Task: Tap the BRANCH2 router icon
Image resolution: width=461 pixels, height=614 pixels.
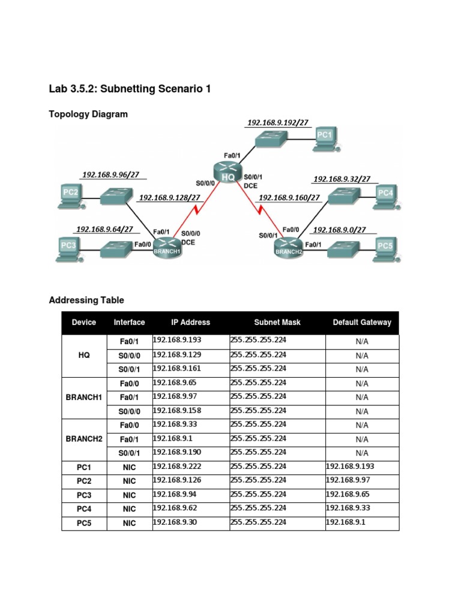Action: click(289, 246)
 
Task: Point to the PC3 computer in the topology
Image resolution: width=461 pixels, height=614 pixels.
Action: click(69, 246)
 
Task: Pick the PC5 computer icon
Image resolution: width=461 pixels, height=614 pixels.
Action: click(384, 246)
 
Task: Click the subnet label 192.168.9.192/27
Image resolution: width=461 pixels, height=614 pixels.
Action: click(278, 123)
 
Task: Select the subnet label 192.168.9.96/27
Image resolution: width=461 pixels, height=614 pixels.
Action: click(110, 175)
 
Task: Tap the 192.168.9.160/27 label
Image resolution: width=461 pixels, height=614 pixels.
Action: click(289, 197)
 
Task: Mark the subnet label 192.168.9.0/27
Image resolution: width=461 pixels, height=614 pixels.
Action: click(340, 230)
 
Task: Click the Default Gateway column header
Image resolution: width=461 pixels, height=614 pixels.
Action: click(362, 323)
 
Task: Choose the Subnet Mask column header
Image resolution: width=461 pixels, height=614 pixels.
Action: click(277, 323)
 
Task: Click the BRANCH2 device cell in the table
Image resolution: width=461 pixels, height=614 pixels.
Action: click(84, 439)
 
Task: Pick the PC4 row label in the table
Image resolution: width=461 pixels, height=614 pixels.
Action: click(84, 509)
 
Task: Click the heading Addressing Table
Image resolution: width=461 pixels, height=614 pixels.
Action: click(86, 300)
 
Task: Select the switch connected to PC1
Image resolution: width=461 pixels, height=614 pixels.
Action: click(271, 140)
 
